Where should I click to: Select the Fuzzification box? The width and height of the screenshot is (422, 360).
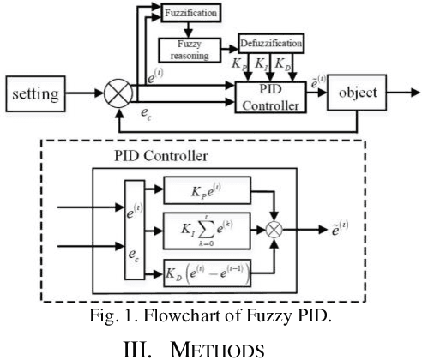tap(190, 15)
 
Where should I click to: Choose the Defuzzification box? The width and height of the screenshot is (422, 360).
tap(270, 40)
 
